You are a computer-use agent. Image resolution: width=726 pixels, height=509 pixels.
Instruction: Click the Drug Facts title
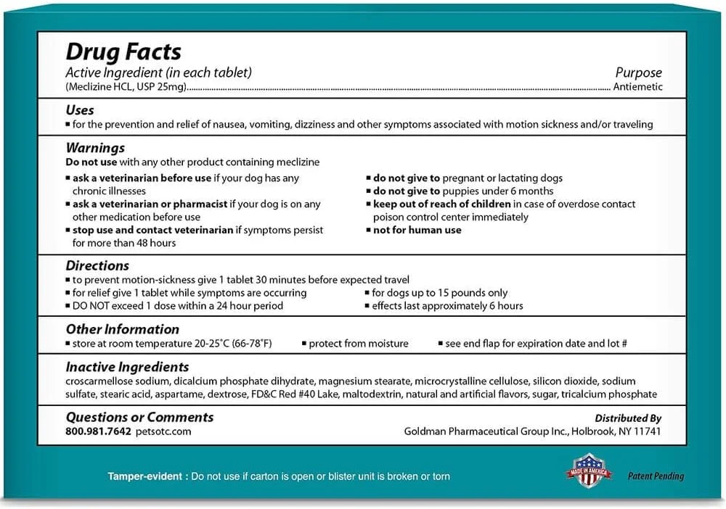(x=123, y=52)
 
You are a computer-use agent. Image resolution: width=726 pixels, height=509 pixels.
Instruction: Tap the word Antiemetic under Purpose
(x=637, y=87)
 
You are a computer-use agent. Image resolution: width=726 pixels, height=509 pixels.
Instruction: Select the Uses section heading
(x=80, y=110)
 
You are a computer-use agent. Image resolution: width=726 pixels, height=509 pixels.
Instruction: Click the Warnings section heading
(x=95, y=148)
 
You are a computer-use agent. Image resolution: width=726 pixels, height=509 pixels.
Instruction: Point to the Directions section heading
(x=97, y=265)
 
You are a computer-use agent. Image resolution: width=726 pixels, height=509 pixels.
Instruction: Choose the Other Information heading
(x=122, y=329)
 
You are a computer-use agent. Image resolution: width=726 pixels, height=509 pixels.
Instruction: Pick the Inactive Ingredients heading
(x=127, y=367)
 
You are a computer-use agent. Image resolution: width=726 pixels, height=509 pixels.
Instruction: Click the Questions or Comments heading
(x=139, y=417)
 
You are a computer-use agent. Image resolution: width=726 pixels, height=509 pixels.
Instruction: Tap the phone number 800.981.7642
(x=99, y=431)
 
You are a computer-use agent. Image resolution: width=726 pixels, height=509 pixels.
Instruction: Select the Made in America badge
(x=589, y=471)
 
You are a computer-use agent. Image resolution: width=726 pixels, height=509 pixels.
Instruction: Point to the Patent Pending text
(x=656, y=476)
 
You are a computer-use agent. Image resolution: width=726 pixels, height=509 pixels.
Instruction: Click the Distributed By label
(x=628, y=418)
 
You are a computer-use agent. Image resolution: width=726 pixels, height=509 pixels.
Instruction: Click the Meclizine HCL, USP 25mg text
(x=126, y=87)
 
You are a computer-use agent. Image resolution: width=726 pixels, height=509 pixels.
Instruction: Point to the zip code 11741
(x=647, y=431)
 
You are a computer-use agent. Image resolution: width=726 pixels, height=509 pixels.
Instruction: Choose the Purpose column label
(x=638, y=73)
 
